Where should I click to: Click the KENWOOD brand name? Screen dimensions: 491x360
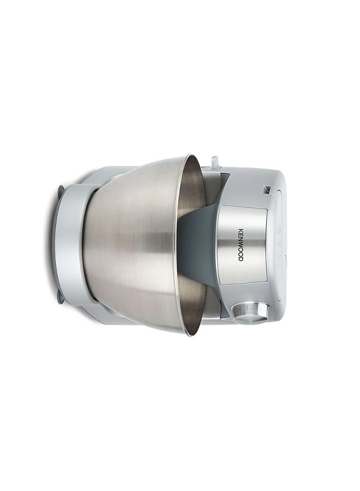239,244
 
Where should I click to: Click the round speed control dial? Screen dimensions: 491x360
250,313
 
